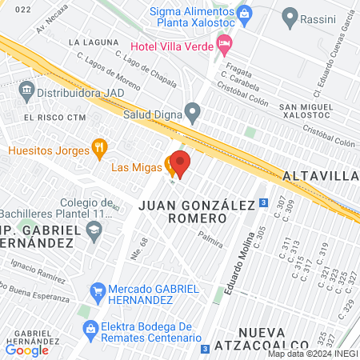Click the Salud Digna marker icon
(192, 110)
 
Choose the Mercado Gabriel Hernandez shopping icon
(98, 290)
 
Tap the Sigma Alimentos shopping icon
(245, 12)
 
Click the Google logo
(27, 350)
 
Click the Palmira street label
(210, 238)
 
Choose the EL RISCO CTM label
(54, 118)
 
